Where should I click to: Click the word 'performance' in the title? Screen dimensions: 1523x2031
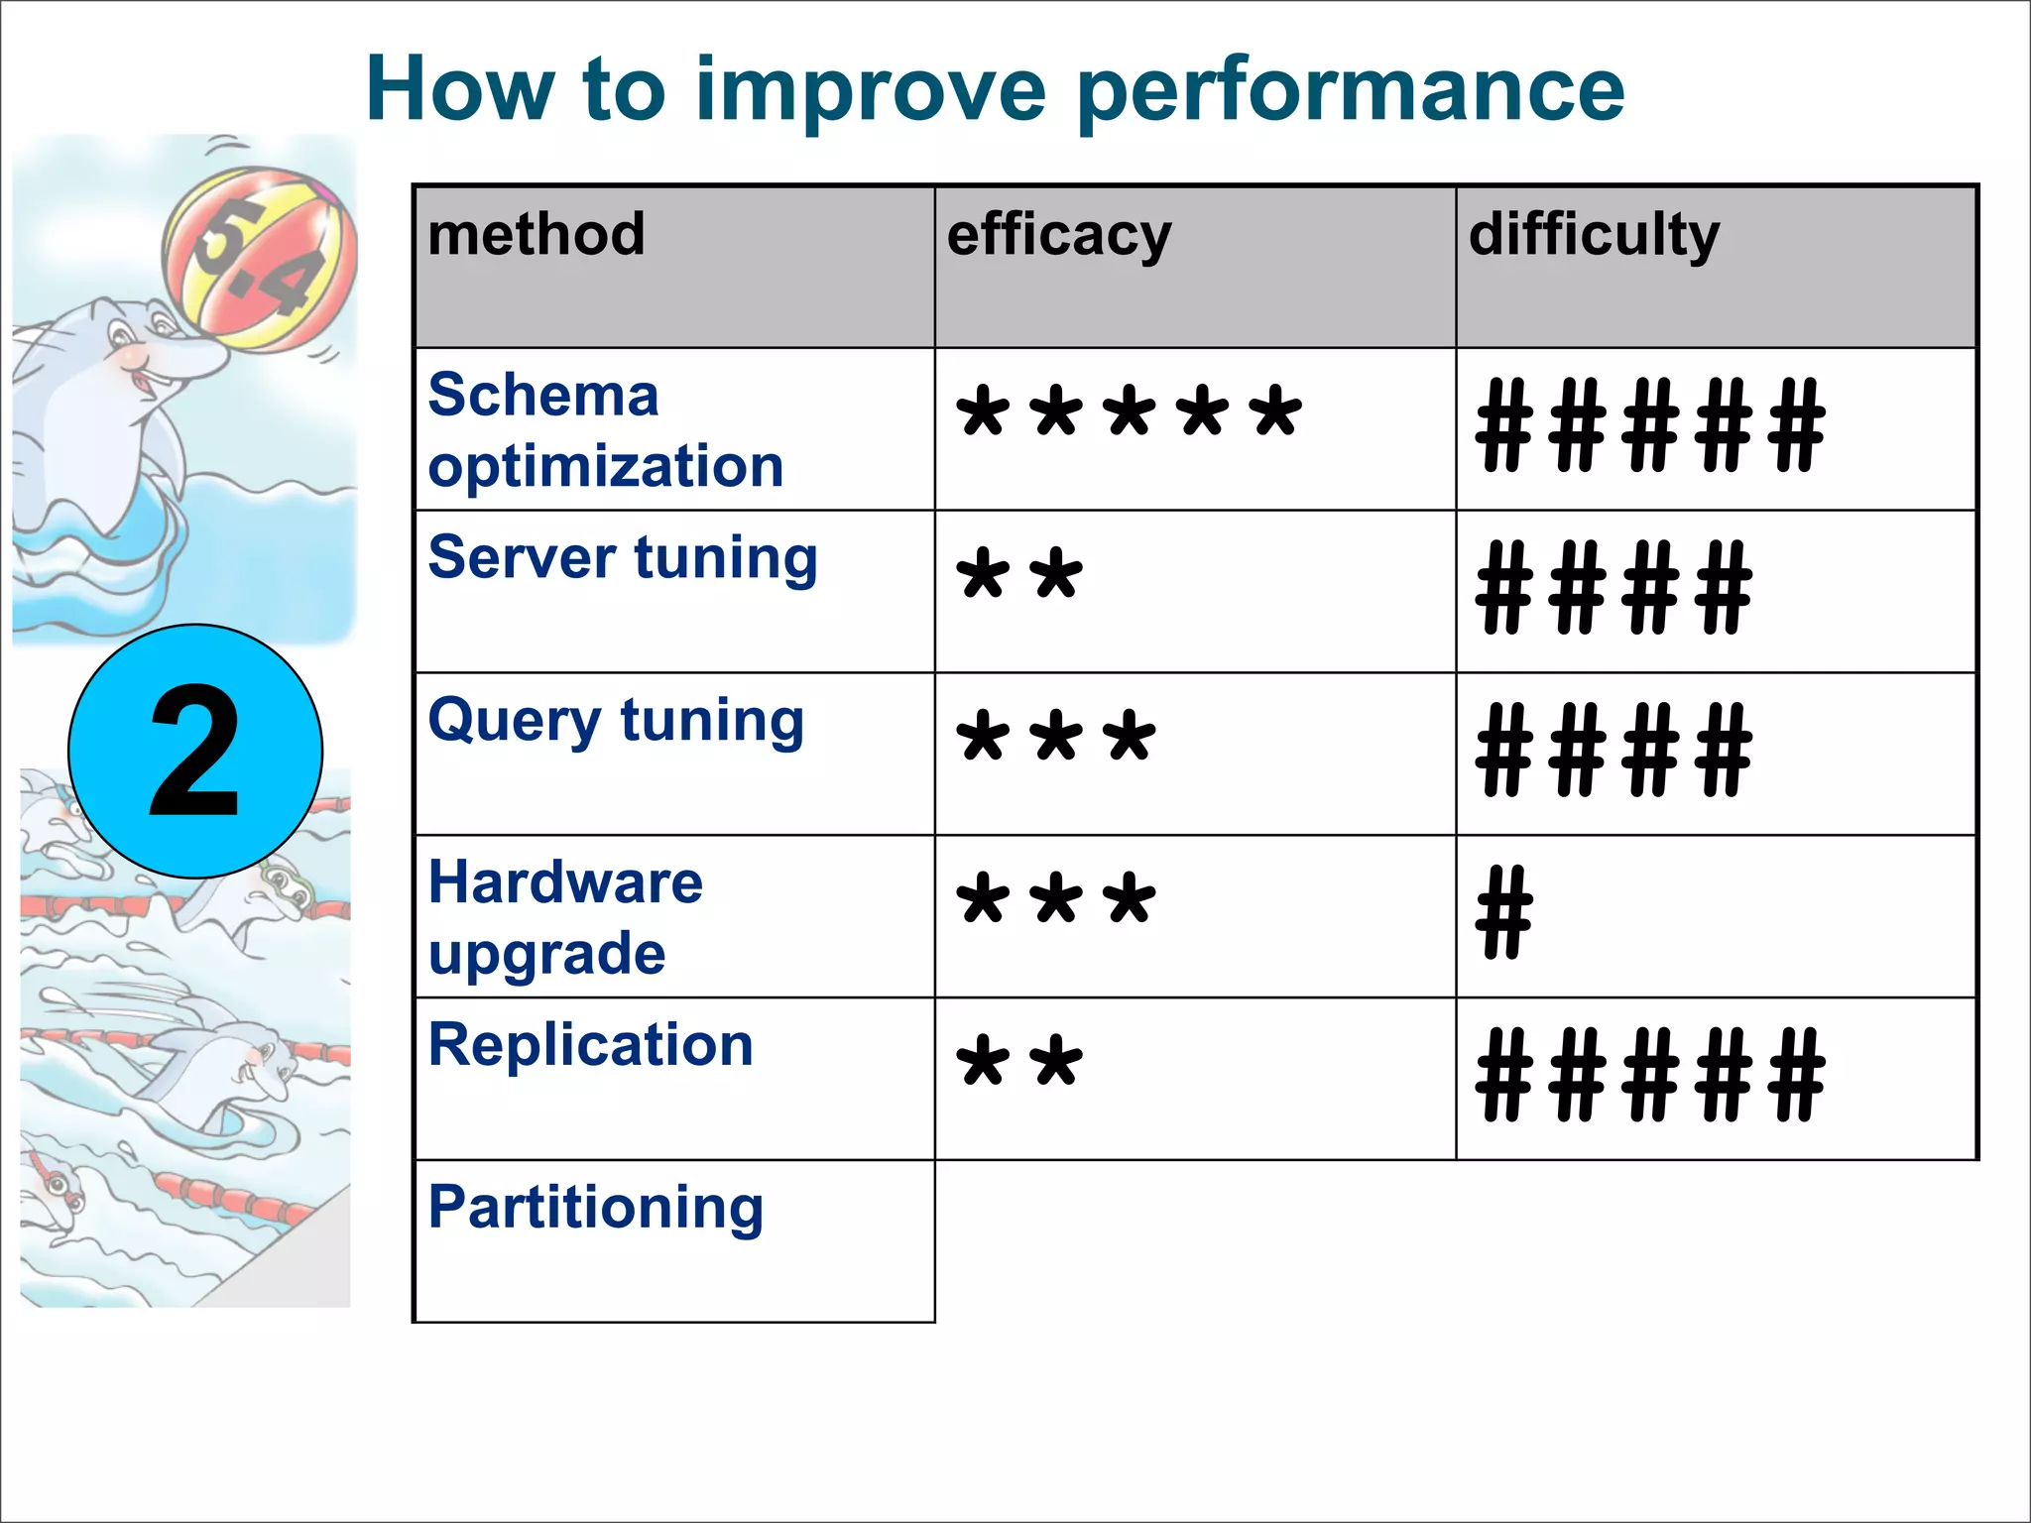pos(1350,91)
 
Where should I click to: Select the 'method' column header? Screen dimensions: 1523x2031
pos(537,235)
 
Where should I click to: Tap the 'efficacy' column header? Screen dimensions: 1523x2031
pos(1059,237)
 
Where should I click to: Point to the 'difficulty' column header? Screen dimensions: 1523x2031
pos(1594,237)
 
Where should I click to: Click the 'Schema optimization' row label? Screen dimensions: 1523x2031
pos(605,430)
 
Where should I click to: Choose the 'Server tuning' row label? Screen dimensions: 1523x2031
pos(623,558)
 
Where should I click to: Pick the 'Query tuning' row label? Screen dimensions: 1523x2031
pos(616,721)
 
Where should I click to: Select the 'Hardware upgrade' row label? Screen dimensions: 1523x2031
pos(565,917)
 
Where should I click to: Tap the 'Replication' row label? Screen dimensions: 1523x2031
pos(591,1045)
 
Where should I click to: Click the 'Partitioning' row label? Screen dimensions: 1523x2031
pos(596,1208)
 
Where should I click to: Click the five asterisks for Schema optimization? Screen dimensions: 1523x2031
pos(1129,412)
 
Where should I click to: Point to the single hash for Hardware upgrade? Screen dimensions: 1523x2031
pos(1503,912)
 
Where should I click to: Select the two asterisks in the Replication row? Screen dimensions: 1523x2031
pos(1019,1062)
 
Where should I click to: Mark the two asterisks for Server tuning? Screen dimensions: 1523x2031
pos(1019,575)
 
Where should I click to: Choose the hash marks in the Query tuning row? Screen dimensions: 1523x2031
pos(1613,750)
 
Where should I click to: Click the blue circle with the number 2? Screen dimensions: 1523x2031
pos(195,752)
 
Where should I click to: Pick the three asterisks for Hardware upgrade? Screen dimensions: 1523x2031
pos(1056,899)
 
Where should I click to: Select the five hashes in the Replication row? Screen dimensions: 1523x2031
pos(1650,1075)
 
